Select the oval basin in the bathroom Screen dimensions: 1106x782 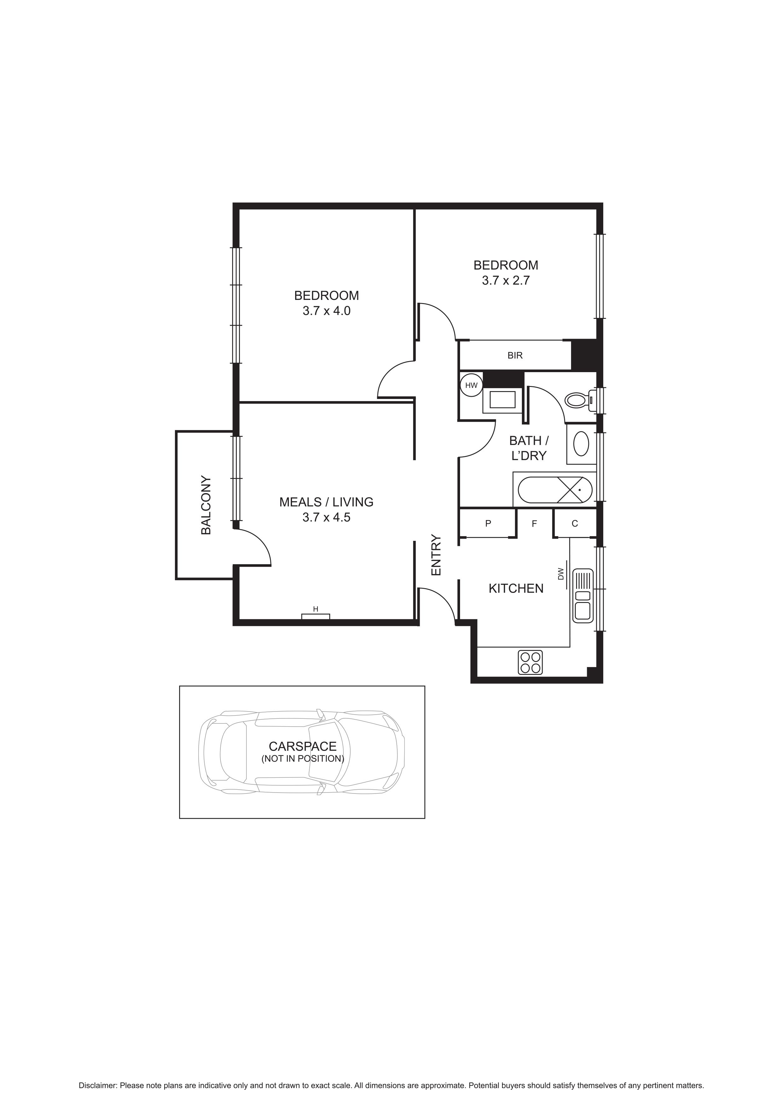tap(581, 444)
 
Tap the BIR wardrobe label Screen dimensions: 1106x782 tap(515, 355)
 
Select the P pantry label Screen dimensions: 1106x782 tap(488, 524)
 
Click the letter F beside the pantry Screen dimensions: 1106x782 tap(534, 524)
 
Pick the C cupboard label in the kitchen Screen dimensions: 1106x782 tap(575, 524)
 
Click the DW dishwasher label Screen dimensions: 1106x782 tap(561, 574)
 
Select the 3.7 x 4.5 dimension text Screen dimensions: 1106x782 tap(326, 517)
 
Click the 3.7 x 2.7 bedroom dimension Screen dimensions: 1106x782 tap(505, 280)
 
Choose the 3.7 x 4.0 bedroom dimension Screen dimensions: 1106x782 tap(326, 311)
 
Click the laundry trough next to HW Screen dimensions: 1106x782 tap(502, 400)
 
